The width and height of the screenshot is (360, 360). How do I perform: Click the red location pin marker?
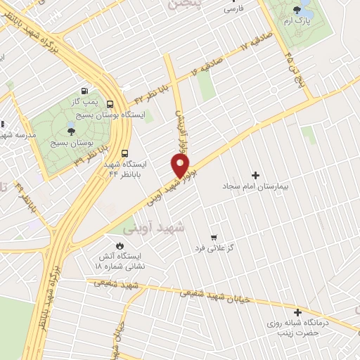pyautogui.click(x=181, y=165)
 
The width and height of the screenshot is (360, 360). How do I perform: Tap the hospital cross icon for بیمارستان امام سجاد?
pyautogui.click(x=255, y=174)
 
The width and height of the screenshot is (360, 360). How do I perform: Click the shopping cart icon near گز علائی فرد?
pyautogui.click(x=213, y=237)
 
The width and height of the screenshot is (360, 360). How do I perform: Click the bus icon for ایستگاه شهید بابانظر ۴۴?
pyautogui.click(x=124, y=153)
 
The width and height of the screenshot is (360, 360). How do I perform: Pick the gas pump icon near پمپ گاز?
pyautogui.click(x=85, y=91)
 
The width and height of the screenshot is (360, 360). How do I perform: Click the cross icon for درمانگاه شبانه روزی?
pyautogui.click(x=297, y=312)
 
